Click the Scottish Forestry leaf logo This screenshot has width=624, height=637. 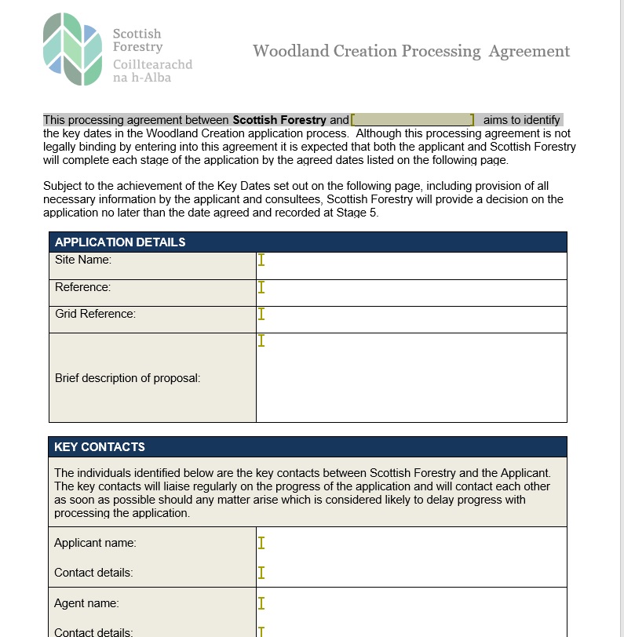click(73, 49)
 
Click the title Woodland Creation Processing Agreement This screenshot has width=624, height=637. click(411, 52)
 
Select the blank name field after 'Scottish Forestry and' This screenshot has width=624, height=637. click(412, 120)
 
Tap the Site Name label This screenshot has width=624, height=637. click(83, 260)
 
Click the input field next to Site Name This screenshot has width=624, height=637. click(411, 265)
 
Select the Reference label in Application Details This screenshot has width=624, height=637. click(82, 287)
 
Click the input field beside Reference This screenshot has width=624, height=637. click(411, 293)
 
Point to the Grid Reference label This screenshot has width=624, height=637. click(95, 314)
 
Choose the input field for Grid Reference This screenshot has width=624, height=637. click(411, 319)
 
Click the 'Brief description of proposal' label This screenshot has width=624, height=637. click(127, 378)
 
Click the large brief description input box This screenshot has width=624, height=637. click(411, 377)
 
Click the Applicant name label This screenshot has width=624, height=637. click(95, 543)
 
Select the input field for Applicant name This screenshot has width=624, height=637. click(411, 543)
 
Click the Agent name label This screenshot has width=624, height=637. click(86, 603)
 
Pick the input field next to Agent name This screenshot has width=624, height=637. click(411, 603)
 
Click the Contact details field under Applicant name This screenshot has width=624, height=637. click(411, 573)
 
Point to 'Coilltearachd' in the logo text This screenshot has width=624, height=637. click(152, 64)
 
